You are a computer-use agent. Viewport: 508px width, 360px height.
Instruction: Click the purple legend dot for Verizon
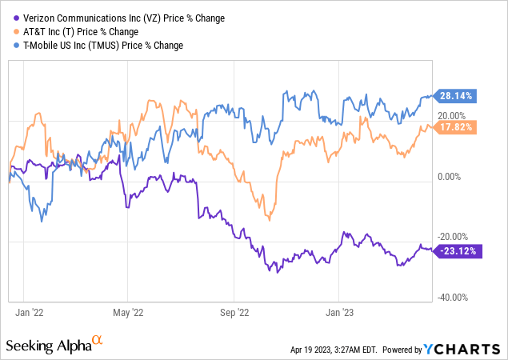(10, 18)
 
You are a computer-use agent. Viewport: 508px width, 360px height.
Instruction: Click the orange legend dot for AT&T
(10, 31)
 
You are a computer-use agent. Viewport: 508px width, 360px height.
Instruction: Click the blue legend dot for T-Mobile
(10, 46)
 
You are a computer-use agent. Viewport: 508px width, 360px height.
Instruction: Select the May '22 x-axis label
(127, 312)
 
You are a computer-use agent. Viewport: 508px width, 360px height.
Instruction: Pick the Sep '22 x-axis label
(234, 312)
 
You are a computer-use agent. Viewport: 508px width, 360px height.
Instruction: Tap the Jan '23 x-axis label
(342, 312)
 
